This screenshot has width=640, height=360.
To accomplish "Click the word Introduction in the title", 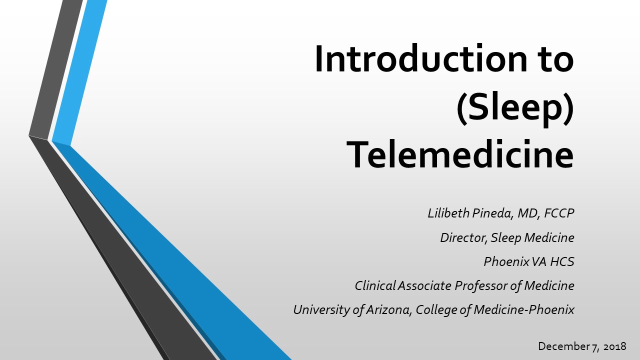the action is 421,58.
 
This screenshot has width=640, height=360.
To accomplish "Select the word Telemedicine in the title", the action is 460,154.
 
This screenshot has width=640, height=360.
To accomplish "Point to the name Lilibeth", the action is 449,213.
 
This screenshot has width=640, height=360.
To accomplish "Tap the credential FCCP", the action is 559,213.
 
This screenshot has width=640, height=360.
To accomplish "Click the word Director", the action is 463,237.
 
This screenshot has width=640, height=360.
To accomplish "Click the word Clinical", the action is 375,285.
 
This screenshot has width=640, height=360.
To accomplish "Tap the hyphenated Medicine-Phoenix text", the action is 523,309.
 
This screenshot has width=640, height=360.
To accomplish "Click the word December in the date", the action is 563,346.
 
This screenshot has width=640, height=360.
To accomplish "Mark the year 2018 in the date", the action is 615,346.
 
